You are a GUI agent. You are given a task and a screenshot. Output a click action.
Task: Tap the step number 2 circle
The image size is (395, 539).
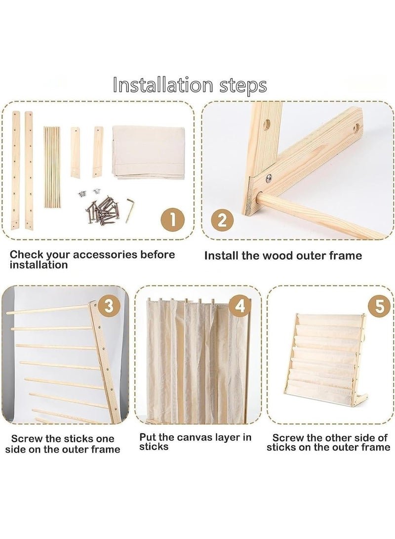tap(222, 220)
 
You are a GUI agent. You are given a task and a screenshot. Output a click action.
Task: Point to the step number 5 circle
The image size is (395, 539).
tap(380, 306)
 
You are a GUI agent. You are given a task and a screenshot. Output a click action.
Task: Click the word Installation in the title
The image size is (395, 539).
tap(163, 85)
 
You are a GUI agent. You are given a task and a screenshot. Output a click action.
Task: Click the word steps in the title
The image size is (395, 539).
tap(243, 86)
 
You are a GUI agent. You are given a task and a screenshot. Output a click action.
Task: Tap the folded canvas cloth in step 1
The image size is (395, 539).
tap(149, 151)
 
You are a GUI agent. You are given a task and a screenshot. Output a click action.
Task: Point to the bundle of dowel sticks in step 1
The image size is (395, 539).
tap(52, 167)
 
